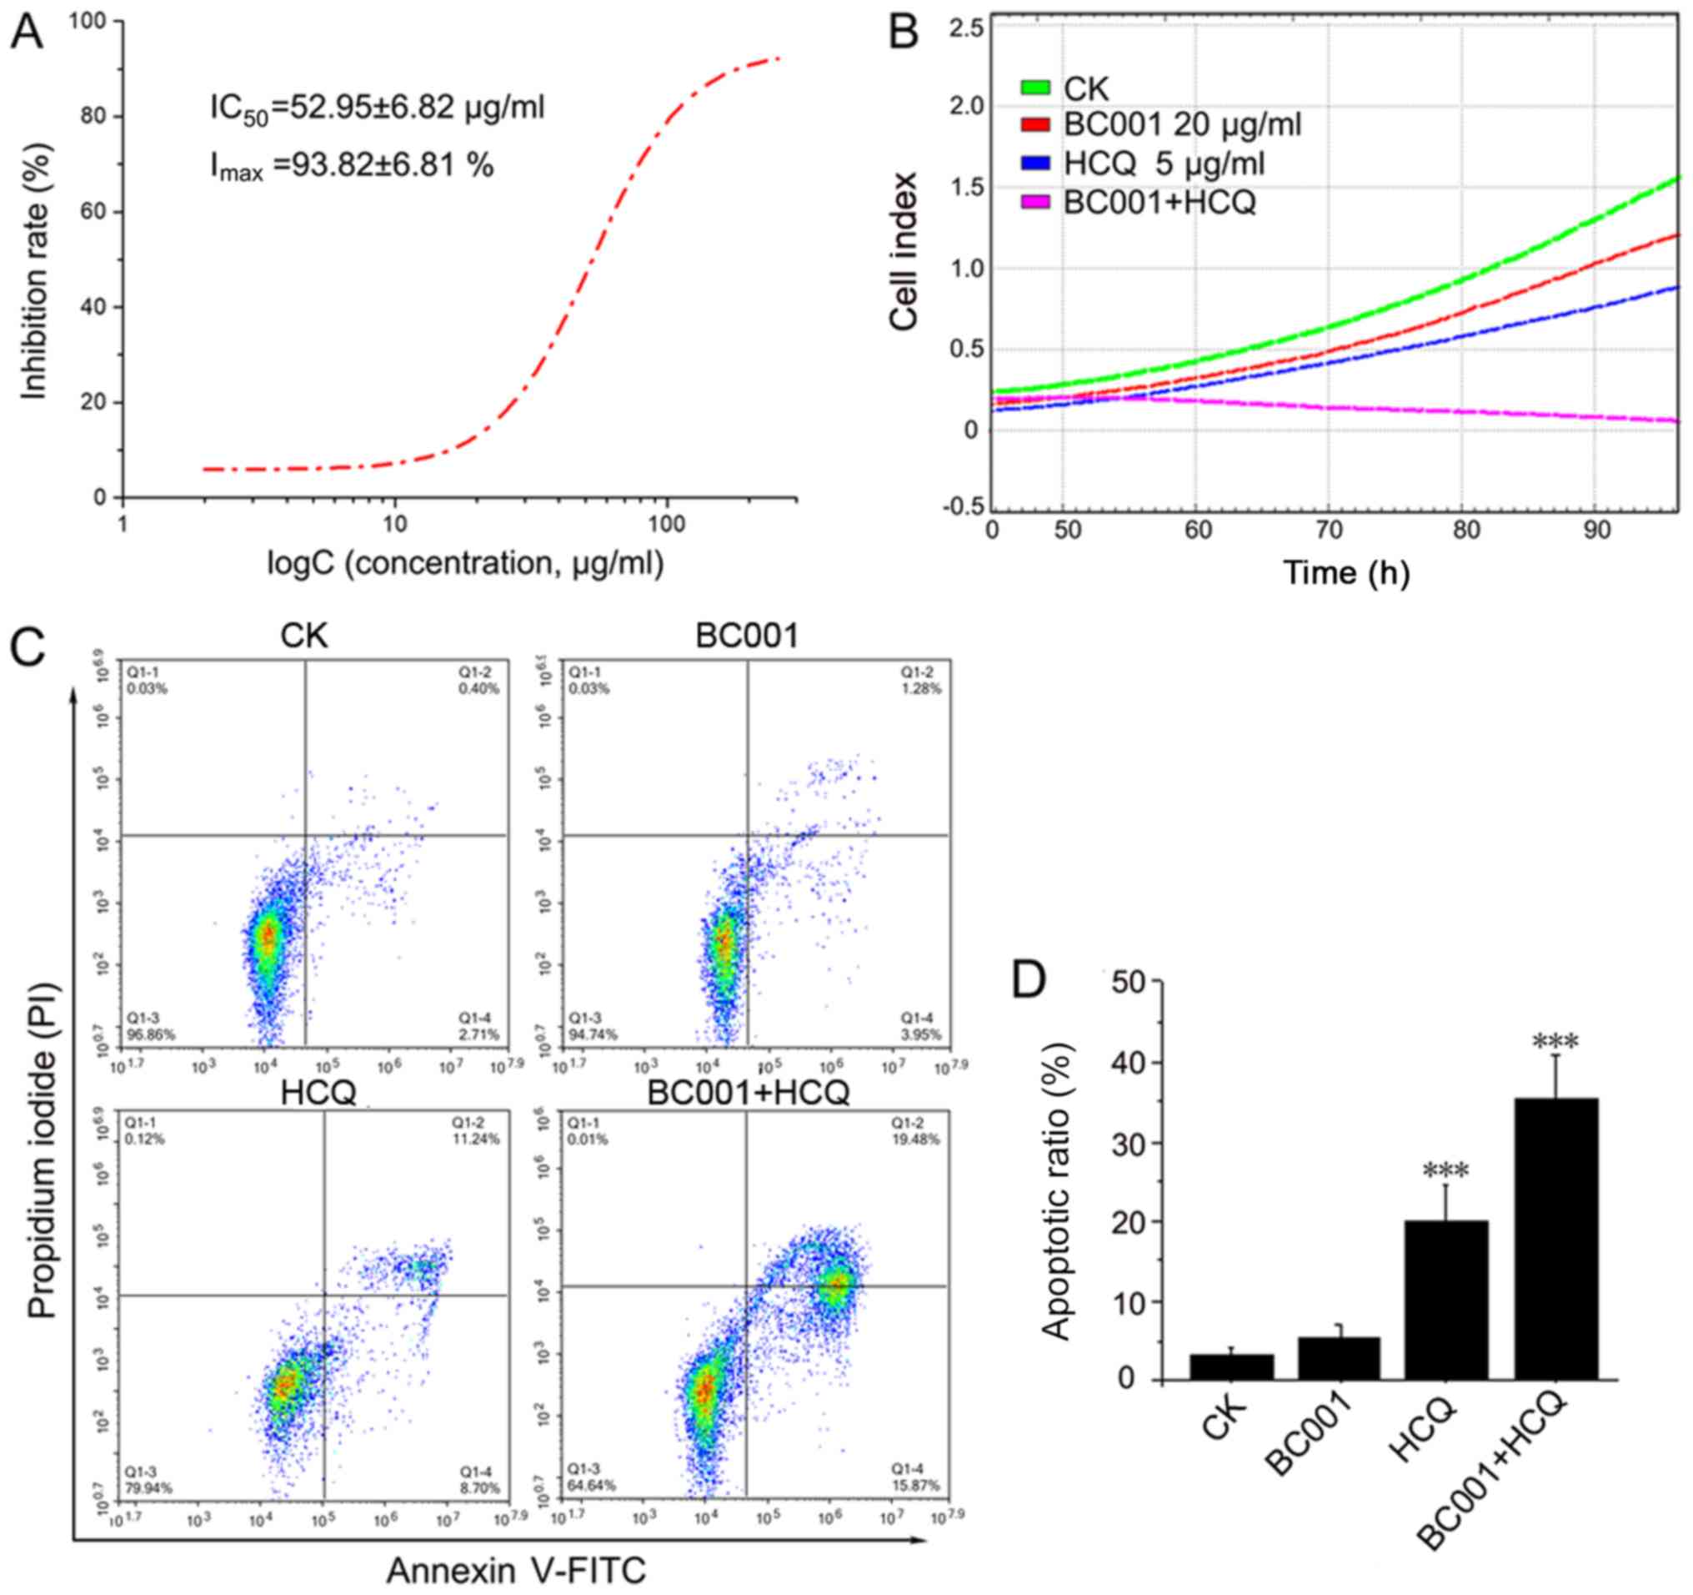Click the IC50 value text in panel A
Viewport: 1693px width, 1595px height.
pyautogui.click(x=378, y=108)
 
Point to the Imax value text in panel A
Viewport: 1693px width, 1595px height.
pyautogui.click(x=352, y=164)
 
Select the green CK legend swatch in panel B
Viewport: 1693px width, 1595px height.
pyautogui.click(x=1034, y=87)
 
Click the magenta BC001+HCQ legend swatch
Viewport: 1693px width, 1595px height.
pyautogui.click(x=1034, y=203)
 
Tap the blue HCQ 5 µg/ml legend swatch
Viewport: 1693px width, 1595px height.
pyautogui.click(x=1034, y=164)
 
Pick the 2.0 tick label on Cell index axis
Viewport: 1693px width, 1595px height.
pyautogui.click(x=965, y=107)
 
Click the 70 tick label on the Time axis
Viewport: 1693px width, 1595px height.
pyautogui.click(x=1330, y=530)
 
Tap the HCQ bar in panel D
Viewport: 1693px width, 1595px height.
pyautogui.click(x=1446, y=1301)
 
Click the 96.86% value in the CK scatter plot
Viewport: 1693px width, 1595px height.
pyautogui.click(x=152, y=1034)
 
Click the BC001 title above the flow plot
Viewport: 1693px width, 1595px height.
pyautogui.click(x=747, y=636)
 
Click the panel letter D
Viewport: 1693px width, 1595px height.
pyautogui.click(x=1029, y=981)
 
